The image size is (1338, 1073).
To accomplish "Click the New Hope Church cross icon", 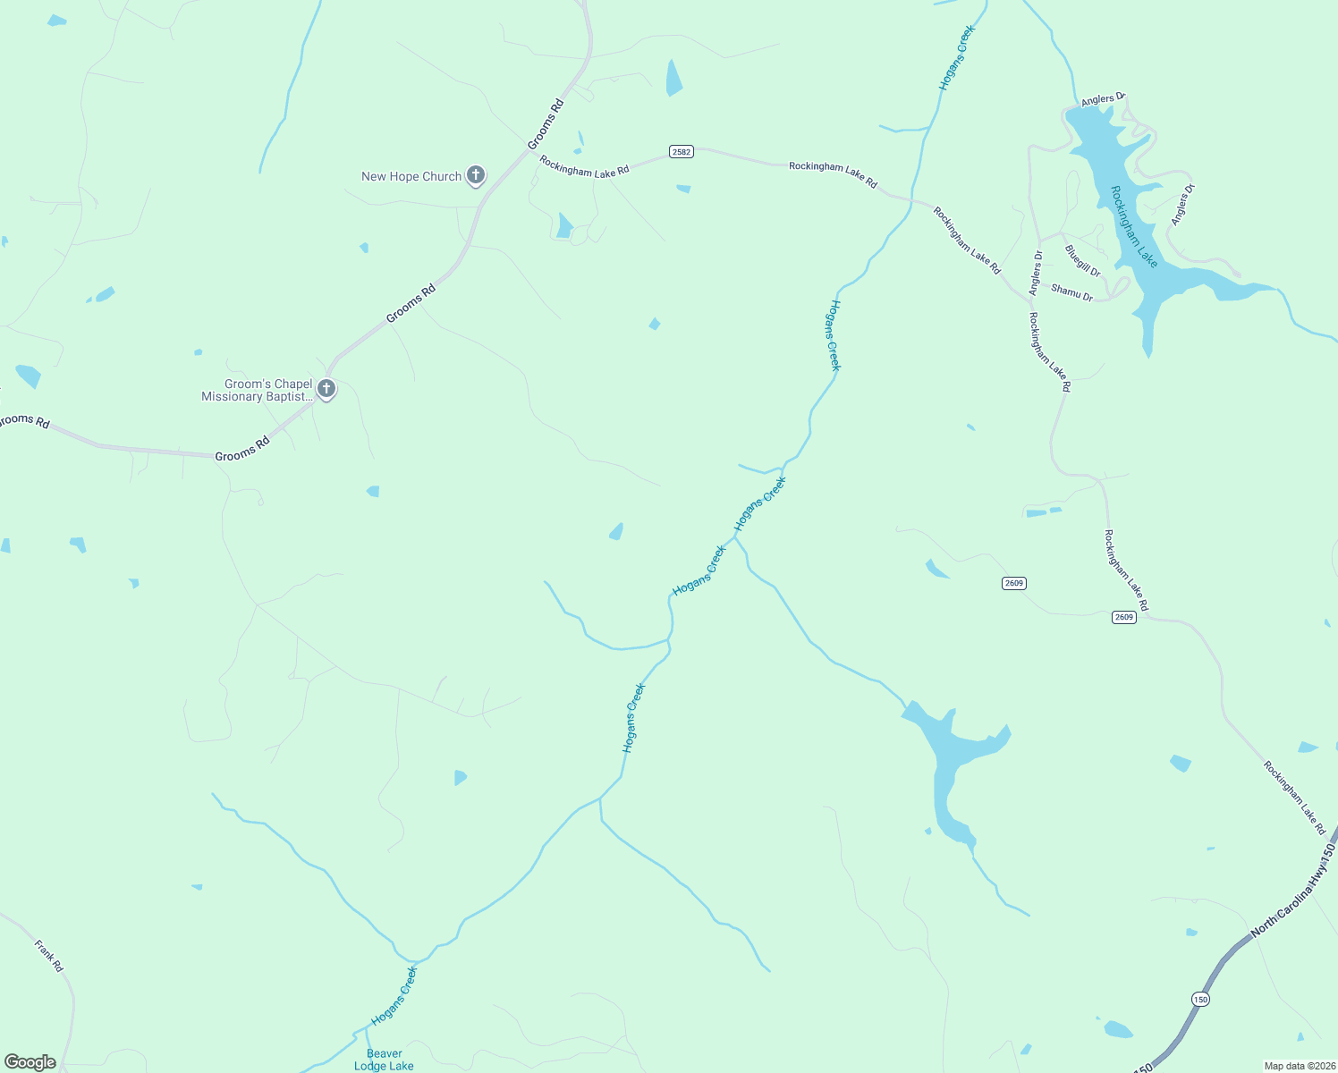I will tap(476, 175).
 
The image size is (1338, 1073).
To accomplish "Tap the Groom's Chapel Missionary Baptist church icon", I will tap(326, 389).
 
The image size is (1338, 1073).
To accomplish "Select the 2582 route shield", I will tap(682, 152).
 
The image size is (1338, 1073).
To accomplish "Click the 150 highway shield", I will tap(1199, 999).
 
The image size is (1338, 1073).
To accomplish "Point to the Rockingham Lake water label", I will tap(1134, 226).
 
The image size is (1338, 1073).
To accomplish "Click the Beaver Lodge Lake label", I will tap(384, 1060).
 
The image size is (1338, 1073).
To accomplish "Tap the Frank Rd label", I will tap(49, 956).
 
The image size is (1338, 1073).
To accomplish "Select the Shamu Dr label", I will tap(1071, 291).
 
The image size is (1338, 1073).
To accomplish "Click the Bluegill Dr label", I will tap(1082, 260).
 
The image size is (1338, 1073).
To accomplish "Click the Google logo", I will tap(30, 1062).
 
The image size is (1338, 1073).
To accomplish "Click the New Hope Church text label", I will tap(411, 176).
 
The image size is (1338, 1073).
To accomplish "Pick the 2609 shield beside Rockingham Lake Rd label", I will tap(1124, 617).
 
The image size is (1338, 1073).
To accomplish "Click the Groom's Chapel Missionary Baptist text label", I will tap(257, 391).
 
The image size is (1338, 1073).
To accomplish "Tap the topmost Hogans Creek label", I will tap(956, 58).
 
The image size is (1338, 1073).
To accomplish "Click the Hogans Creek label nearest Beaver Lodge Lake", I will tap(394, 995).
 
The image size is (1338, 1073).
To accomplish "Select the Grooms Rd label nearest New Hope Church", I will tap(546, 124).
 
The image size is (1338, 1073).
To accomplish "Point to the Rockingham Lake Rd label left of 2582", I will tap(584, 166).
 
